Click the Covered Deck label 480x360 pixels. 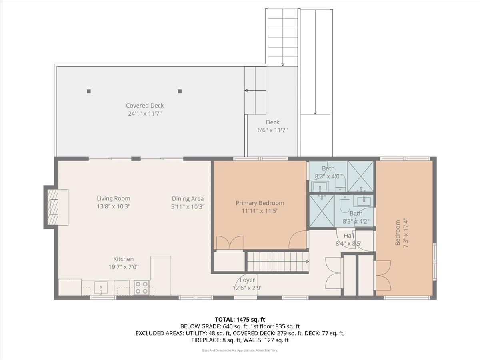coord(145,106)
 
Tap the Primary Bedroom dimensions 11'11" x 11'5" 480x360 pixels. coord(260,211)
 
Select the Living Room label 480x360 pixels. coord(113,198)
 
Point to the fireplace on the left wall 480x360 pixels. coord(52,207)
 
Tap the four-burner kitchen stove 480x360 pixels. coord(141,288)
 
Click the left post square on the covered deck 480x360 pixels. coord(89,91)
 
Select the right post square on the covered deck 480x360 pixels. coord(180,91)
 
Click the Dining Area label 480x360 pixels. coord(188,198)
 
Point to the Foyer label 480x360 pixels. coord(247,280)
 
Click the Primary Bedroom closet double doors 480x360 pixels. coord(229,243)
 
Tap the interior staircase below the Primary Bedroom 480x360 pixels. coord(278,262)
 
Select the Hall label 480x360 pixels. coord(349,236)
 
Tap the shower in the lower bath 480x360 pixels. coord(322,211)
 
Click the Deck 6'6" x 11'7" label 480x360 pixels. coord(272,122)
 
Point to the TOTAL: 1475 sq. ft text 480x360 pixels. coord(240,319)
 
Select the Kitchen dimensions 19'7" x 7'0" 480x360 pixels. coord(123,267)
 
